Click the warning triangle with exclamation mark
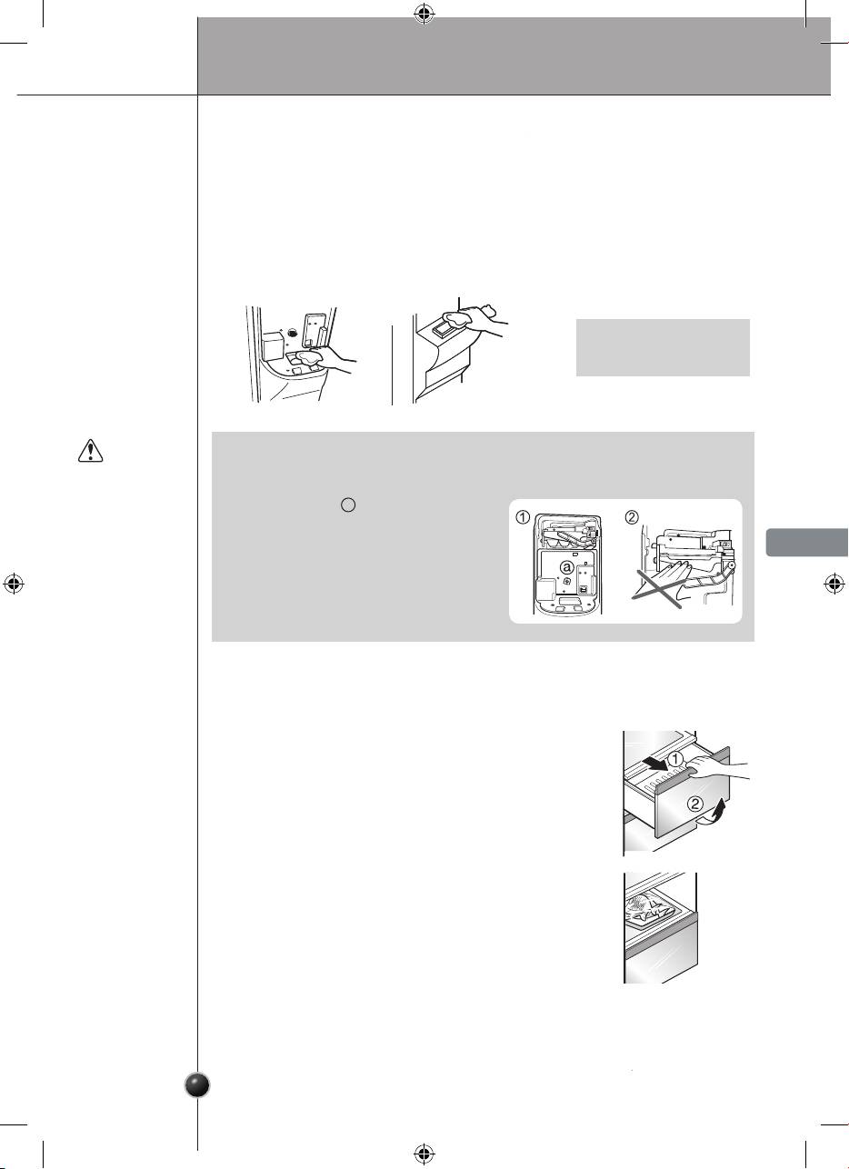[90, 451]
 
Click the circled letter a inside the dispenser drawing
[566, 567]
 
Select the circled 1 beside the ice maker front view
[523, 517]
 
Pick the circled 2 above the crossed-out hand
[632, 517]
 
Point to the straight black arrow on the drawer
[654, 763]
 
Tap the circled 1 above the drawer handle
[675, 758]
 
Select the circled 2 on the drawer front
[695, 804]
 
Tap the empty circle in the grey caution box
[348, 505]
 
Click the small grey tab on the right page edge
[807, 542]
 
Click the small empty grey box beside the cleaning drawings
[663, 347]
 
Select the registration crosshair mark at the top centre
[424, 15]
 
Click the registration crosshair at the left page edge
[14, 584]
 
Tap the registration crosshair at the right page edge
[834, 584]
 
